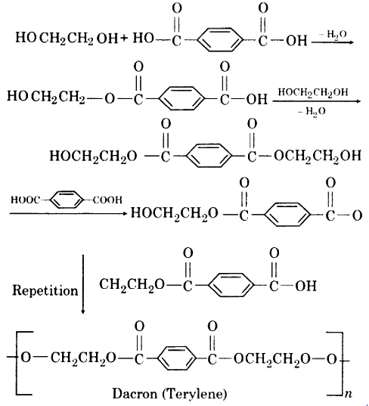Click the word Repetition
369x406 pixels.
click(45, 291)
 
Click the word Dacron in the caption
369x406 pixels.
click(135, 394)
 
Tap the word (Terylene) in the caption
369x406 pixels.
click(195, 394)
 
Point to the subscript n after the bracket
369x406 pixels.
click(349, 394)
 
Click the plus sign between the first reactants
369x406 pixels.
click(124, 38)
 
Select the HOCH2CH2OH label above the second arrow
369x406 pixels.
click(313, 92)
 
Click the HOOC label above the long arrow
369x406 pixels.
click(26, 200)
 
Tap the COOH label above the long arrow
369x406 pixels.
click(107, 200)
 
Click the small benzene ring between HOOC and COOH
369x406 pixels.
click(67, 200)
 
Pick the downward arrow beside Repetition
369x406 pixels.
click(83, 284)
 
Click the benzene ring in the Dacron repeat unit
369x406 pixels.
click(176, 358)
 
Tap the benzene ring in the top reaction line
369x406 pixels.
click(219, 39)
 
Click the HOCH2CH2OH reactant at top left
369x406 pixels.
click(67, 39)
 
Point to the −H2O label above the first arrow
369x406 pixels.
click(333, 34)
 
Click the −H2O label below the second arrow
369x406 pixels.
click(312, 111)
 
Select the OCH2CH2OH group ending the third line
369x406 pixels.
click(318, 157)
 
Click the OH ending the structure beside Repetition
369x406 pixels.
click(305, 286)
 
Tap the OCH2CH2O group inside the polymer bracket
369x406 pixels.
click(272, 359)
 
